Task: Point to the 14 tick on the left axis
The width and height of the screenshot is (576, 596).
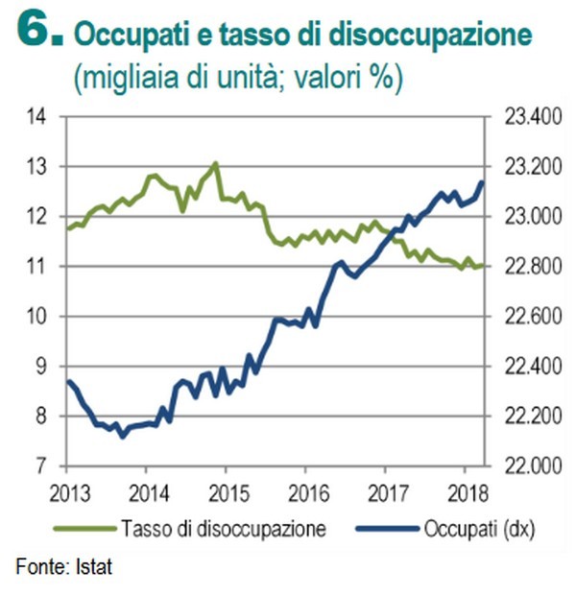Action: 37,117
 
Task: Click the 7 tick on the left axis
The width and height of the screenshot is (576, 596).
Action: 42,466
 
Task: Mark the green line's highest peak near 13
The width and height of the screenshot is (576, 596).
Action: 215,163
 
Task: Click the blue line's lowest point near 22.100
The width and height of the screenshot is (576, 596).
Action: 122,436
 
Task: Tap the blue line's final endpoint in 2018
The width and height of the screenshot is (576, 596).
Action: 482,182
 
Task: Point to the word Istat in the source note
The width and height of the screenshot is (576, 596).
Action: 94,568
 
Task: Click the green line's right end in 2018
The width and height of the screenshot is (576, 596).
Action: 483,266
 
